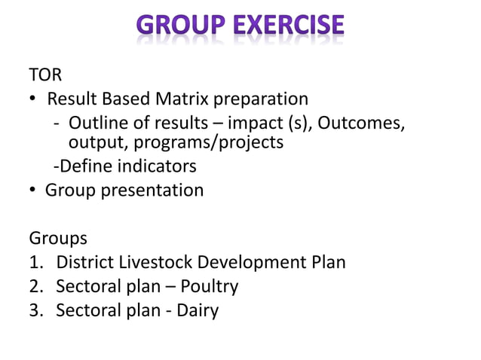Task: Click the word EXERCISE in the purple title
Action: (x=290, y=26)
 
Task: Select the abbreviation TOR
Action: (x=45, y=75)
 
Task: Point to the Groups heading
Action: (x=58, y=239)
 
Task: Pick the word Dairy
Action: (x=197, y=310)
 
